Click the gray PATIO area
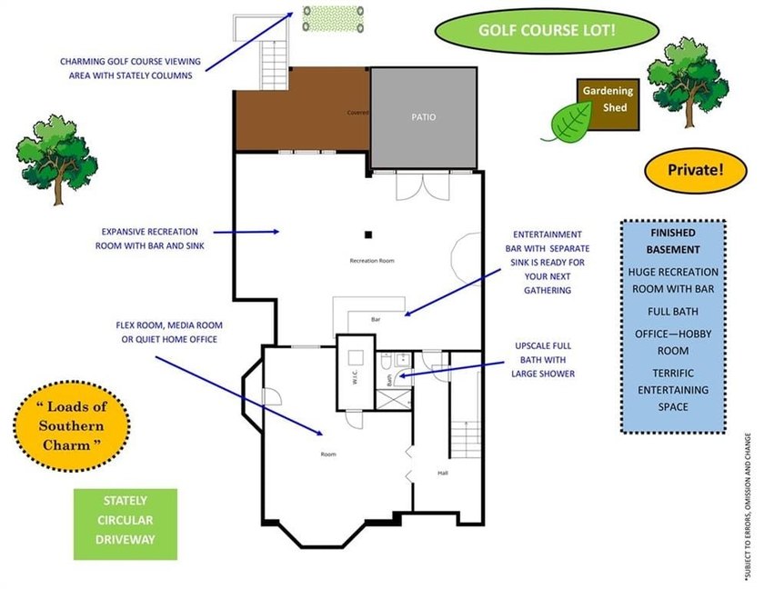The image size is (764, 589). point(424,117)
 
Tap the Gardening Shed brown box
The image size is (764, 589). point(608,105)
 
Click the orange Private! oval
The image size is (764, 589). point(695,170)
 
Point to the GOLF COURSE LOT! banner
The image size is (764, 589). point(547,31)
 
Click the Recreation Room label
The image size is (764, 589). point(372,261)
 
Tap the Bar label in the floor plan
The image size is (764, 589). point(376,320)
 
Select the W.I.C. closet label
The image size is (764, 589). point(356,377)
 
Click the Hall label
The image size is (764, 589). point(442,474)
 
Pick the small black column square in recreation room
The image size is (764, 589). point(368,235)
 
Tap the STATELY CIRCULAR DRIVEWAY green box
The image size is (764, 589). point(126,524)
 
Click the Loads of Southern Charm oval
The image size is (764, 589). point(72,426)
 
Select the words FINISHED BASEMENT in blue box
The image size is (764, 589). point(673,242)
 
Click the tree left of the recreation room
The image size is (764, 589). point(56,159)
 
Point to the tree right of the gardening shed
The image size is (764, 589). point(688,83)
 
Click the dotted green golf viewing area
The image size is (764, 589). point(333,19)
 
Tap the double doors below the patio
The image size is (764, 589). point(422,185)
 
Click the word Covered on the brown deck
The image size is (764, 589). point(357,113)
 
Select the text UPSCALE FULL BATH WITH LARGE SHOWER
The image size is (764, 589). point(543,360)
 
